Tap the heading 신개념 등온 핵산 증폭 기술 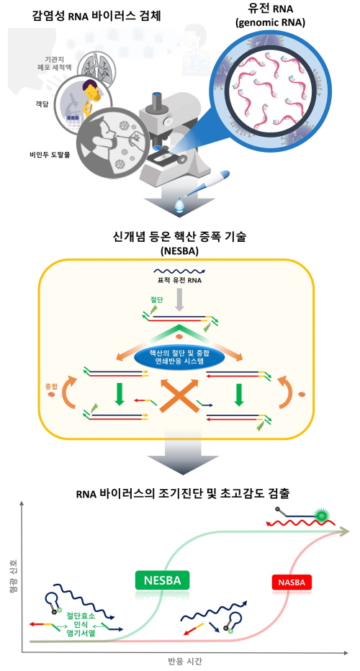pyautogui.click(x=180, y=238)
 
